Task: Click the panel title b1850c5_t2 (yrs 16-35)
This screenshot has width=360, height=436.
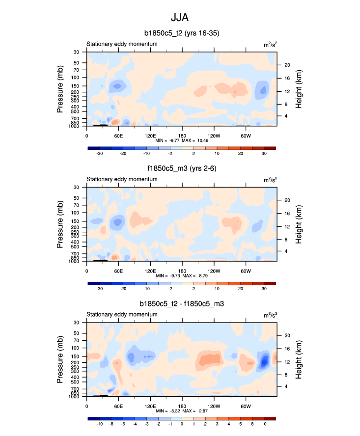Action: [182, 33]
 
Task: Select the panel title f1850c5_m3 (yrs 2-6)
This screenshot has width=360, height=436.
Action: [182, 168]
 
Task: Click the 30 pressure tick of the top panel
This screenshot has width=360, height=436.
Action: [77, 52]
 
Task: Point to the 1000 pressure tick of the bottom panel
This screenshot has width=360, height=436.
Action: [75, 396]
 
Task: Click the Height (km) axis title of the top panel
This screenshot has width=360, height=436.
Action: [299, 89]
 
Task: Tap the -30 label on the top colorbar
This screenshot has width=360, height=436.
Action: [99, 154]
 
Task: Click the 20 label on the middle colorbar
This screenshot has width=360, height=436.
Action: [241, 289]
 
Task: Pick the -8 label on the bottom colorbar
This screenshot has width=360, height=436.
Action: [111, 424]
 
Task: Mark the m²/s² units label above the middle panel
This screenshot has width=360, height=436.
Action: [270, 180]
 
